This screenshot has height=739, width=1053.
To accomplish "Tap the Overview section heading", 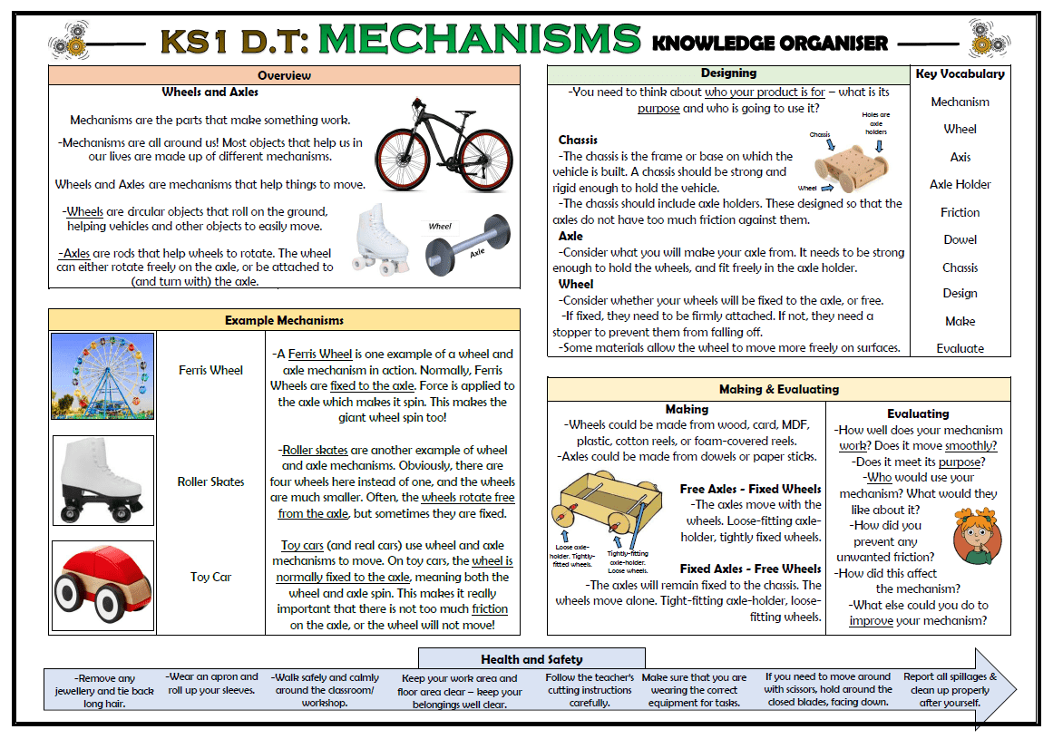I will pos(284,75).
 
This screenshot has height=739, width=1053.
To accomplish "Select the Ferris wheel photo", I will pos(102,375).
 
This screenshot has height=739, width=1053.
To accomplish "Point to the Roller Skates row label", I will pos(210,481).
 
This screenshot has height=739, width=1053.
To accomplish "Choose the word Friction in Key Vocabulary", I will pos(960,212).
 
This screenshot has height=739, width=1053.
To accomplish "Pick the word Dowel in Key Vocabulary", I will pos(960,239).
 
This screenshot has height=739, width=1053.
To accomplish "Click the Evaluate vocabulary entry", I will pos(960,348).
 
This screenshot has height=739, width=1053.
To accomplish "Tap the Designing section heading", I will pos(728,73).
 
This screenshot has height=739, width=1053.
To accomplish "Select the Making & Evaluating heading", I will pos(778,389).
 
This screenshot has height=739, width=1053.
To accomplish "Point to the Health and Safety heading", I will pos(531,659).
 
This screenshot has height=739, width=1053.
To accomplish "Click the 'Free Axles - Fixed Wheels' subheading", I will pos(750,489).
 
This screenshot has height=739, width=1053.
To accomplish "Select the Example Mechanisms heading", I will pos(284,320).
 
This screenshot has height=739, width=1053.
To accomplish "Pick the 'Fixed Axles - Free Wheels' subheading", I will pos(750,569).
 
